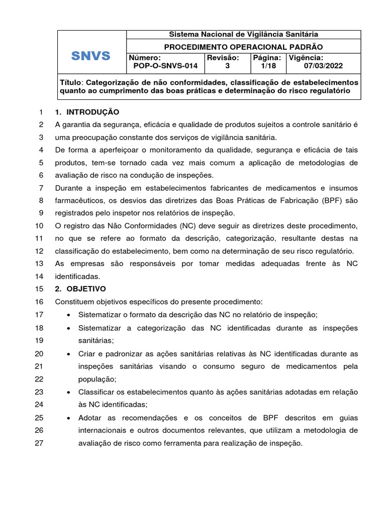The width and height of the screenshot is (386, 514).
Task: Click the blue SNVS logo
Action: point(91,56)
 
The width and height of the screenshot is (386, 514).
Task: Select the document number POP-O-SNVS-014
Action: point(165,66)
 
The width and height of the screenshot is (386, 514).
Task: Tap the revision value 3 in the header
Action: point(227,66)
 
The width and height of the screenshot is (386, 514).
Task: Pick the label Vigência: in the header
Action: point(306,58)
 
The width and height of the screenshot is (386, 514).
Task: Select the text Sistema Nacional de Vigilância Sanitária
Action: point(243,34)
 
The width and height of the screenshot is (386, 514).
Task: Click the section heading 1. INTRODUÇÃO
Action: point(87,111)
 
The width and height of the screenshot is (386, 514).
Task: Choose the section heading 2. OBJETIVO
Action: point(80,289)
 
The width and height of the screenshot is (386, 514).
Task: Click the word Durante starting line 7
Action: point(70,188)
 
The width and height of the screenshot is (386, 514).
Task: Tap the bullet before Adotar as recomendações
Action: point(68,418)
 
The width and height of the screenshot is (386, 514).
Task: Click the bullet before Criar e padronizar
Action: point(68,354)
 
